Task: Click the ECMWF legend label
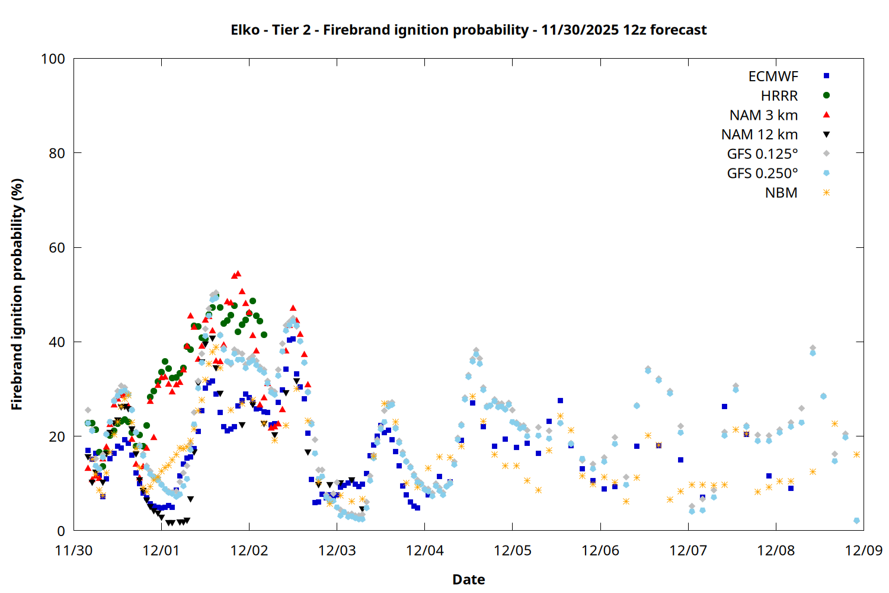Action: coord(773,76)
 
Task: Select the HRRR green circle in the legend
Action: coord(826,95)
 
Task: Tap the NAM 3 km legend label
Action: coord(763,115)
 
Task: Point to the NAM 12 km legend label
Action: coord(759,135)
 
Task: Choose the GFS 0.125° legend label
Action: coord(762,154)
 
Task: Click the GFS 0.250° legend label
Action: coord(762,174)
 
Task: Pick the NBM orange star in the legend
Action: coord(826,193)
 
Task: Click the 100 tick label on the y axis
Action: coord(53,59)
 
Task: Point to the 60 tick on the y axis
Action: coord(57,247)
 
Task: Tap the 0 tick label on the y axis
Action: coord(61,531)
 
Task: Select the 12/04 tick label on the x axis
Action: coord(425,550)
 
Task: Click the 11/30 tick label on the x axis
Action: coord(73,550)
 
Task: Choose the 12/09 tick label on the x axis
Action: coord(864,550)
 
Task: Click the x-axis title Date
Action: coord(468,579)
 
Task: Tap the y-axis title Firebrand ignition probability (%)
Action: coord(17,294)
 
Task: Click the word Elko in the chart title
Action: coord(245,30)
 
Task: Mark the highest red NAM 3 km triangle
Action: coord(238,273)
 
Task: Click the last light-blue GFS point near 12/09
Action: coord(856,521)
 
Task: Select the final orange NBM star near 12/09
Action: coord(856,454)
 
